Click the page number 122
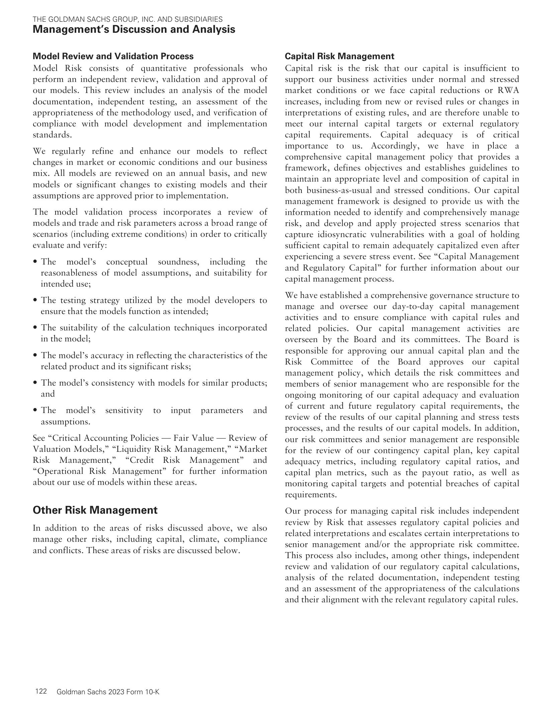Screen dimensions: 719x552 [41, 691]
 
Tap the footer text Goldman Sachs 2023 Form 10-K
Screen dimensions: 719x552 [108, 692]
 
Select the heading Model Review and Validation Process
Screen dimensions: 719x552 [113, 56]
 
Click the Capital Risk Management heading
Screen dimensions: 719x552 [340, 56]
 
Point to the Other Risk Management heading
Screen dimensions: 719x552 [95, 510]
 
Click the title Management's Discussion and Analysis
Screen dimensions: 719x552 [134, 29]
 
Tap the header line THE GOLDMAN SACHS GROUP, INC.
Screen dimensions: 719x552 [127, 19]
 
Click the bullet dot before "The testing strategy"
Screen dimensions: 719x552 [35, 300]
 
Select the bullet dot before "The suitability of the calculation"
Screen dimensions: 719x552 [35, 328]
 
